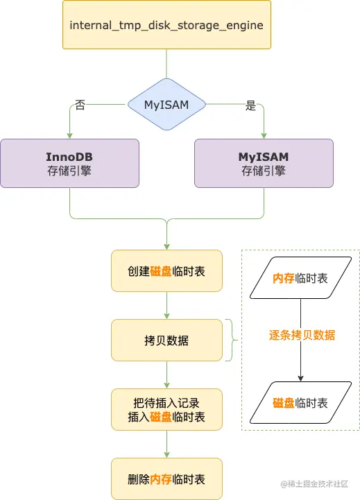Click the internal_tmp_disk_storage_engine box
(166, 25)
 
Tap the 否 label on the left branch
(80, 106)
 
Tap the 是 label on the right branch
(250, 106)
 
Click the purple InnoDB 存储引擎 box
(69, 163)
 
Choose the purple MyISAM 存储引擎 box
(264, 163)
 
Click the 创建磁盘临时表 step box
(166, 271)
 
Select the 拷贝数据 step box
(166, 340)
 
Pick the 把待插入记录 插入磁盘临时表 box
(166, 409)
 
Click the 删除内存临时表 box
(166, 479)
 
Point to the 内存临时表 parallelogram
(300, 279)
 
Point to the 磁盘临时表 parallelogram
(300, 403)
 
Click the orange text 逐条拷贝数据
(302, 335)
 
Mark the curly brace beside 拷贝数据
(231, 340)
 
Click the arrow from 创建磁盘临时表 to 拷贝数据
(166, 305)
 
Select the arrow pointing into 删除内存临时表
(166, 444)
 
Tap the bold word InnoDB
(69, 157)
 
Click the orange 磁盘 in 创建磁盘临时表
(160, 271)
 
